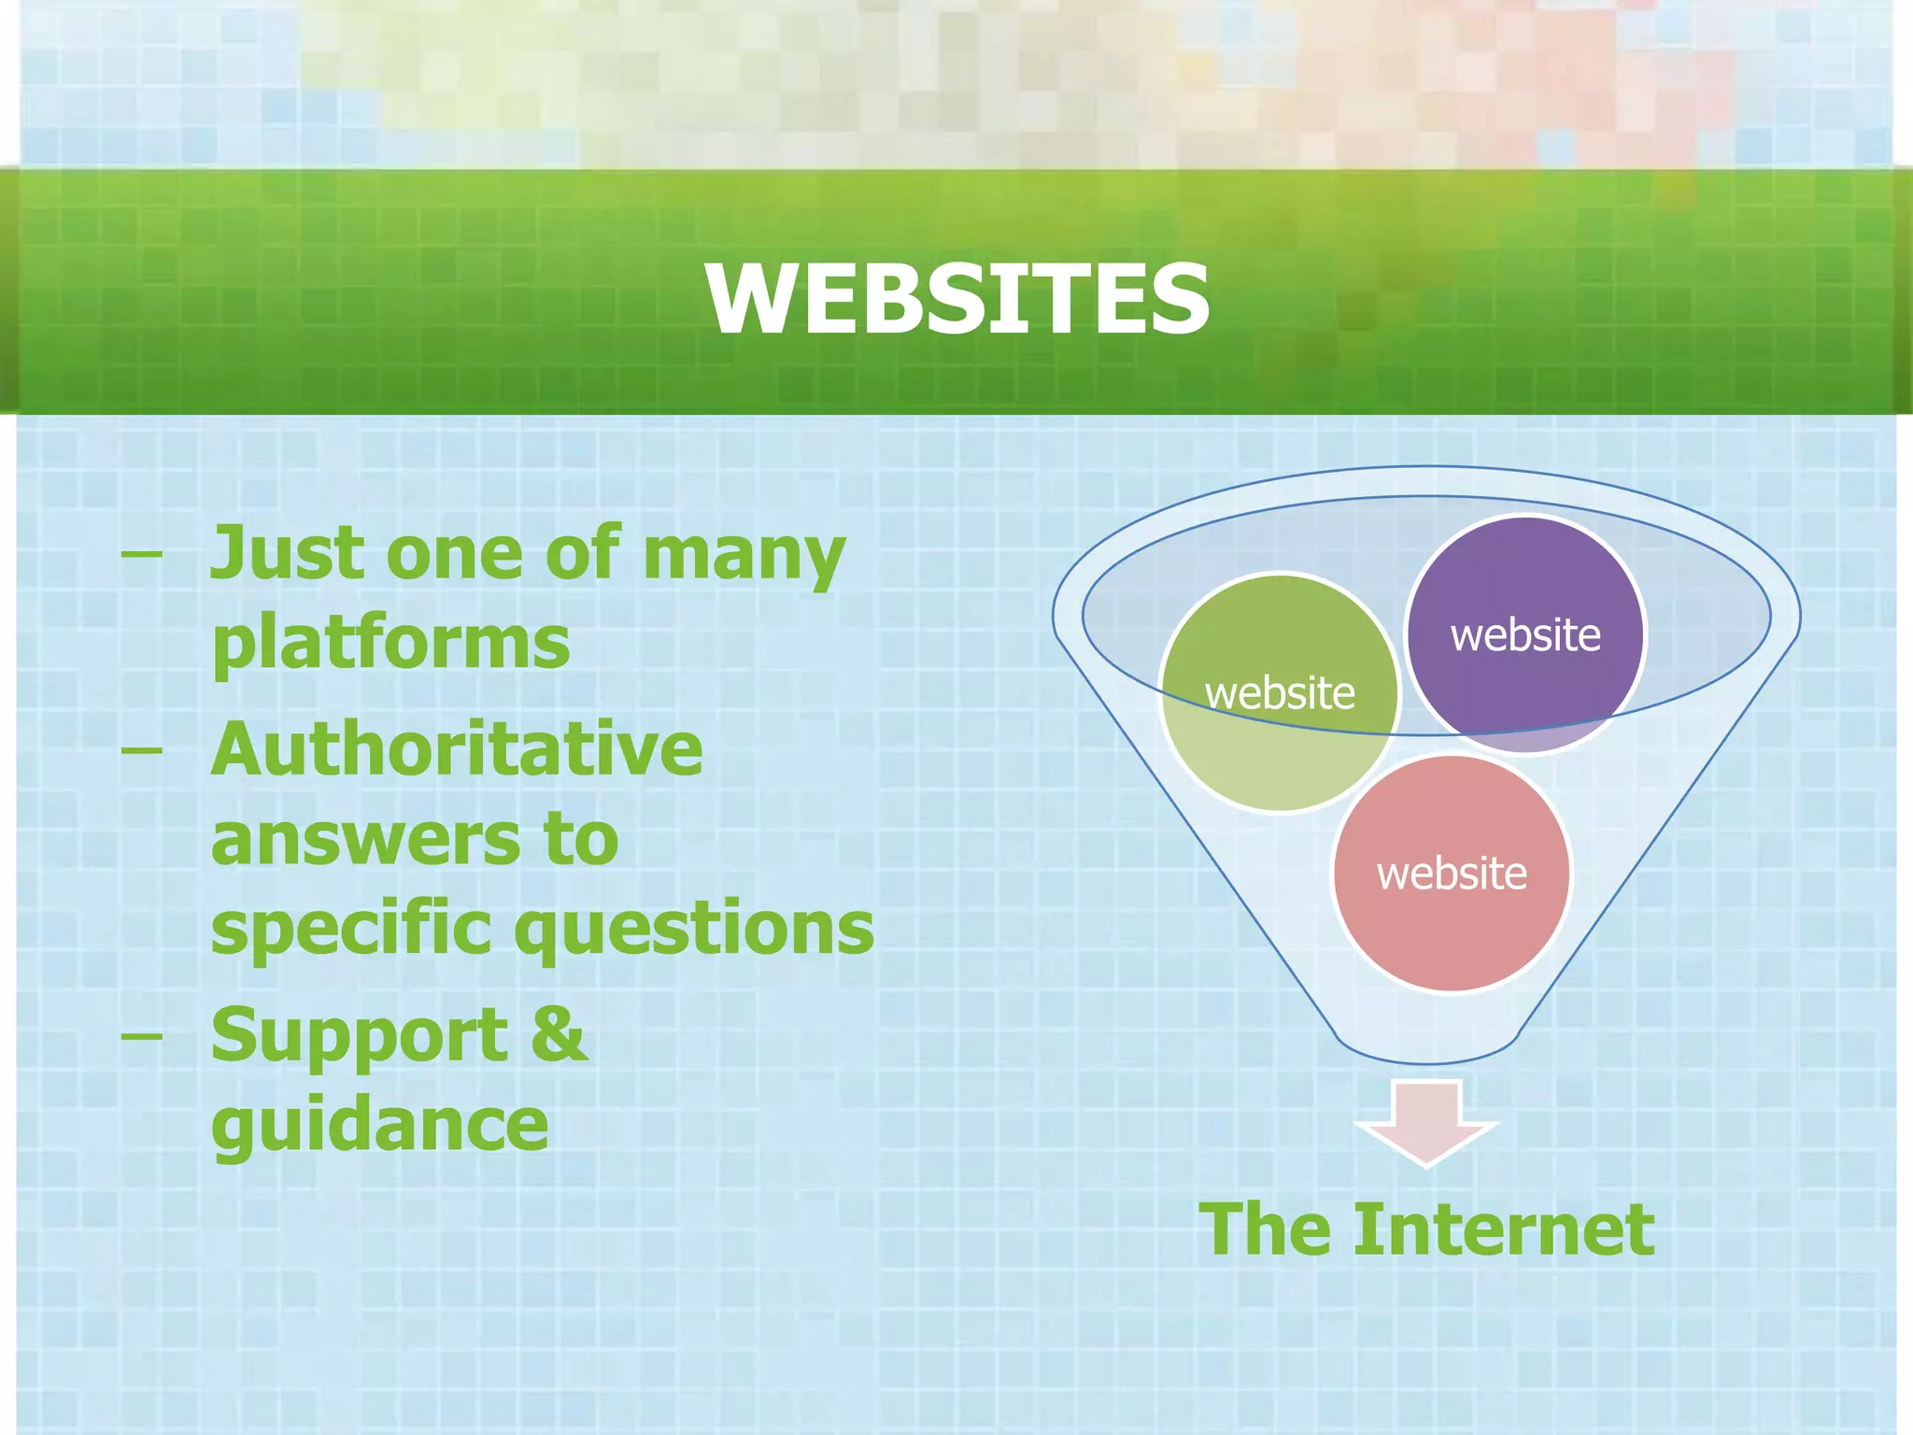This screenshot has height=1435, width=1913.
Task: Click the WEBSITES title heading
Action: (956, 298)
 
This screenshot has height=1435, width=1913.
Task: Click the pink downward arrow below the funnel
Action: (1426, 1122)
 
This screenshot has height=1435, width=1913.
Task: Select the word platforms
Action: (390, 644)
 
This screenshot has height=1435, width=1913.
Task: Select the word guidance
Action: (379, 1125)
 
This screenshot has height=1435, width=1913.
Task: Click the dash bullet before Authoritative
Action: (141, 749)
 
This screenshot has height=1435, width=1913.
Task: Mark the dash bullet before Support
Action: (141, 1035)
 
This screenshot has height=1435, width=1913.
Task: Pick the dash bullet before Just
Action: (141, 552)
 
